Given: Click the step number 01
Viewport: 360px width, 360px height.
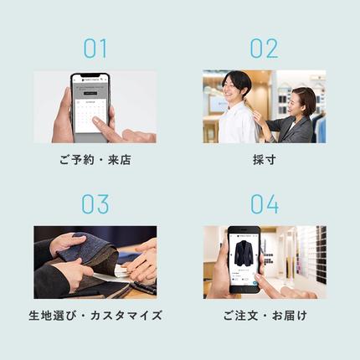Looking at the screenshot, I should point(95,49).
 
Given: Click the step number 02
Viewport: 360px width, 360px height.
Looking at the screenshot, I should point(264,49).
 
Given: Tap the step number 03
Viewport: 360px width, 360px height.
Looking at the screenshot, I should point(95,204).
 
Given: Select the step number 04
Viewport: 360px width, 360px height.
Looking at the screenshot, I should point(264,204).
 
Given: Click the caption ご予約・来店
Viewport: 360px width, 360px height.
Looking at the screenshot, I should point(95,160).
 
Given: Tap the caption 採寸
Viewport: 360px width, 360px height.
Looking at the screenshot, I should point(264,160).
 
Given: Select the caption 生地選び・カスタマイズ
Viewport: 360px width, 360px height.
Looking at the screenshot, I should point(95,316).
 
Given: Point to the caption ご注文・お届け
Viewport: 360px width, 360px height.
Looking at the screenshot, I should point(264,316).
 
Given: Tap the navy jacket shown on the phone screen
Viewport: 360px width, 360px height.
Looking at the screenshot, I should point(244,254).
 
